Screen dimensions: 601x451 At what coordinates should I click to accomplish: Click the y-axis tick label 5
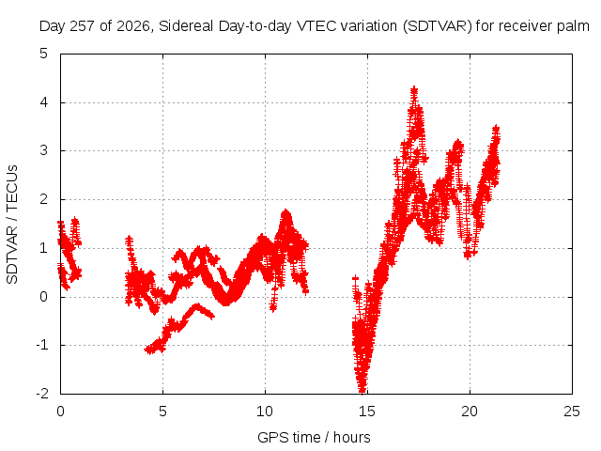(x=44, y=54)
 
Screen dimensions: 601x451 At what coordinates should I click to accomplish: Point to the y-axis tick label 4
(x=44, y=102)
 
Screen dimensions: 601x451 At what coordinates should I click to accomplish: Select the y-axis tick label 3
(x=44, y=150)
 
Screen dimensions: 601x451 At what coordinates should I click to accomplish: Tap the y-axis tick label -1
(x=42, y=345)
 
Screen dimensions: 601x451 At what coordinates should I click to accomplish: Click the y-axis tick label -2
(x=42, y=394)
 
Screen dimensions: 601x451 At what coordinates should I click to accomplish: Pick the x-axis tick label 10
(x=265, y=412)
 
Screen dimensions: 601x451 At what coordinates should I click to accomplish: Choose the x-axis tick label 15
(x=367, y=412)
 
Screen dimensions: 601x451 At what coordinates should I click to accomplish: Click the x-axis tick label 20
(x=470, y=412)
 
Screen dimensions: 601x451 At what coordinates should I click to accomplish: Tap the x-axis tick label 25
(x=572, y=412)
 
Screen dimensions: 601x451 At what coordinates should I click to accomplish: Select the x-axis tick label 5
(x=162, y=412)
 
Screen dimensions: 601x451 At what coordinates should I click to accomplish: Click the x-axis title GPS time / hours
(x=314, y=437)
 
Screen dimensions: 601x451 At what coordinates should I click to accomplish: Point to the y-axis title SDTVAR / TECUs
(x=12, y=225)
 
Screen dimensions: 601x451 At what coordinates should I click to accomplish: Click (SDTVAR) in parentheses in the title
(x=438, y=26)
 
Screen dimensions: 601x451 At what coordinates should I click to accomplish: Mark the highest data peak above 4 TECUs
(x=414, y=90)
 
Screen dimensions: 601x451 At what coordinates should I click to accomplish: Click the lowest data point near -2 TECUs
(x=362, y=390)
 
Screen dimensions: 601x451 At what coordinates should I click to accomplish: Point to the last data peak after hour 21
(x=496, y=129)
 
